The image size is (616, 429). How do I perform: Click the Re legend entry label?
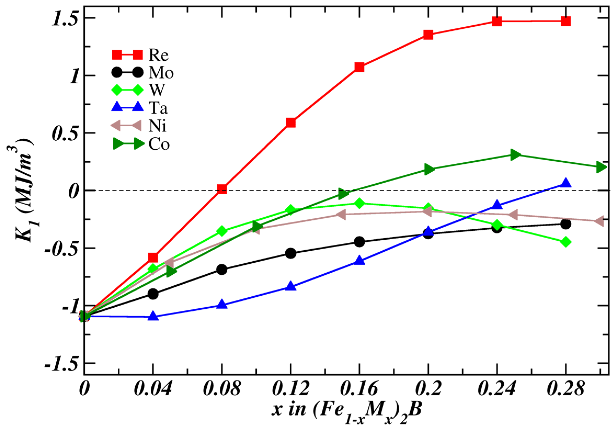pos(159,55)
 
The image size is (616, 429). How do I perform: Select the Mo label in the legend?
pos(161,72)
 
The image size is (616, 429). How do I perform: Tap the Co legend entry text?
pos(159,144)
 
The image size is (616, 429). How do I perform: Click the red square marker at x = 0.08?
pos(222,189)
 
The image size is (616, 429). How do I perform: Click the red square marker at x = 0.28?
pos(566,21)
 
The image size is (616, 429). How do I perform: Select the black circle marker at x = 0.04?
pos(153,294)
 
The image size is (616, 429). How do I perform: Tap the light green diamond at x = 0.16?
pos(360,203)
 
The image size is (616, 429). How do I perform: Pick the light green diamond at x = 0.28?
pos(566,242)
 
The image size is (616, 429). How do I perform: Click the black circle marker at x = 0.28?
pos(566,224)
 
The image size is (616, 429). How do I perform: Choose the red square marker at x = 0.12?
pos(291,123)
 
